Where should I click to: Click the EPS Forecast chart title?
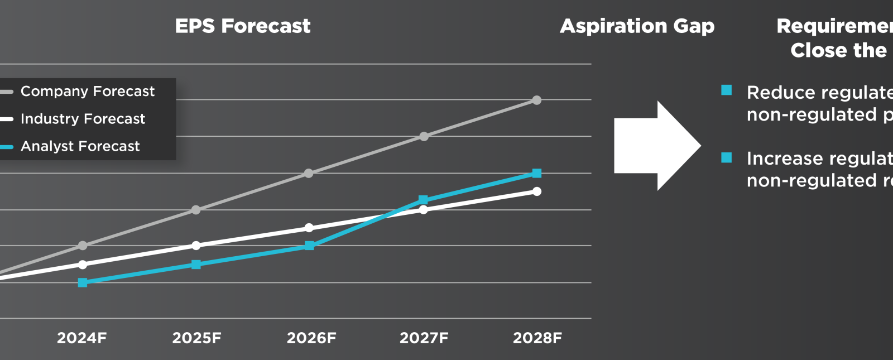pyautogui.click(x=243, y=26)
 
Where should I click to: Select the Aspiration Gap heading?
pyautogui.click(x=637, y=26)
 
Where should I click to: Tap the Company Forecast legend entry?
pyautogui.click(x=87, y=92)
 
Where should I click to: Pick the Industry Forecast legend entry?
pyautogui.click(x=83, y=119)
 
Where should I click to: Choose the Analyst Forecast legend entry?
pyautogui.click(x=80, y=146)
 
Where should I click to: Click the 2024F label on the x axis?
pyautogui.click(x=82, y=338)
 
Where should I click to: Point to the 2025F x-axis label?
pyautogui.click(x=196, y=338)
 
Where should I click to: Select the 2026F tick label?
pyautogui.click(x=311, y=338)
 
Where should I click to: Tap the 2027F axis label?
pyautogui.click(x=424, y=338)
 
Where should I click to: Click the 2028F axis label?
pyautogui.click(x=537, y=338)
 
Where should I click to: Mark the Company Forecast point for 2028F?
pyautogui.click(x=537, y=100)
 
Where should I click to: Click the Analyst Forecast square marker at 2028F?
pyautogui.click(x=537, y=174)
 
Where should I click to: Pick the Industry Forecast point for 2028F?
pyautogui.click(x=537, y=191)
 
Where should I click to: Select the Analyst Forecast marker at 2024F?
pyautogui.click(x=83, y=282)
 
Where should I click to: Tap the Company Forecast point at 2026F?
pyautogui.click(x=309, y=174)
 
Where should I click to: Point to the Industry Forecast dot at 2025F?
pyautogui.click(x=196, y=246)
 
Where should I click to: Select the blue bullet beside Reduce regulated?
pyautogui.click(x=727, y=90)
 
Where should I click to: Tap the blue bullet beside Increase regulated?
pyautogui.click(x=727, y=157)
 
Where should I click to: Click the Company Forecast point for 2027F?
pyautogui.click(x=424, y=137)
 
